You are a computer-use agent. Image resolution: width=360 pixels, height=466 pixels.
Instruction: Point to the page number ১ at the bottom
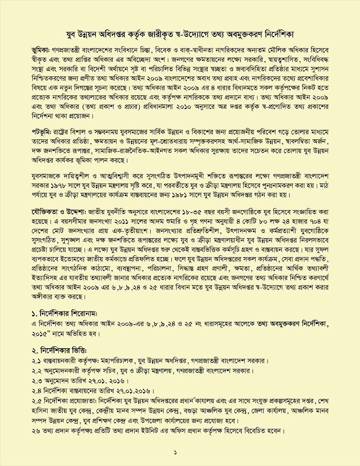click(x=176, y=452)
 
